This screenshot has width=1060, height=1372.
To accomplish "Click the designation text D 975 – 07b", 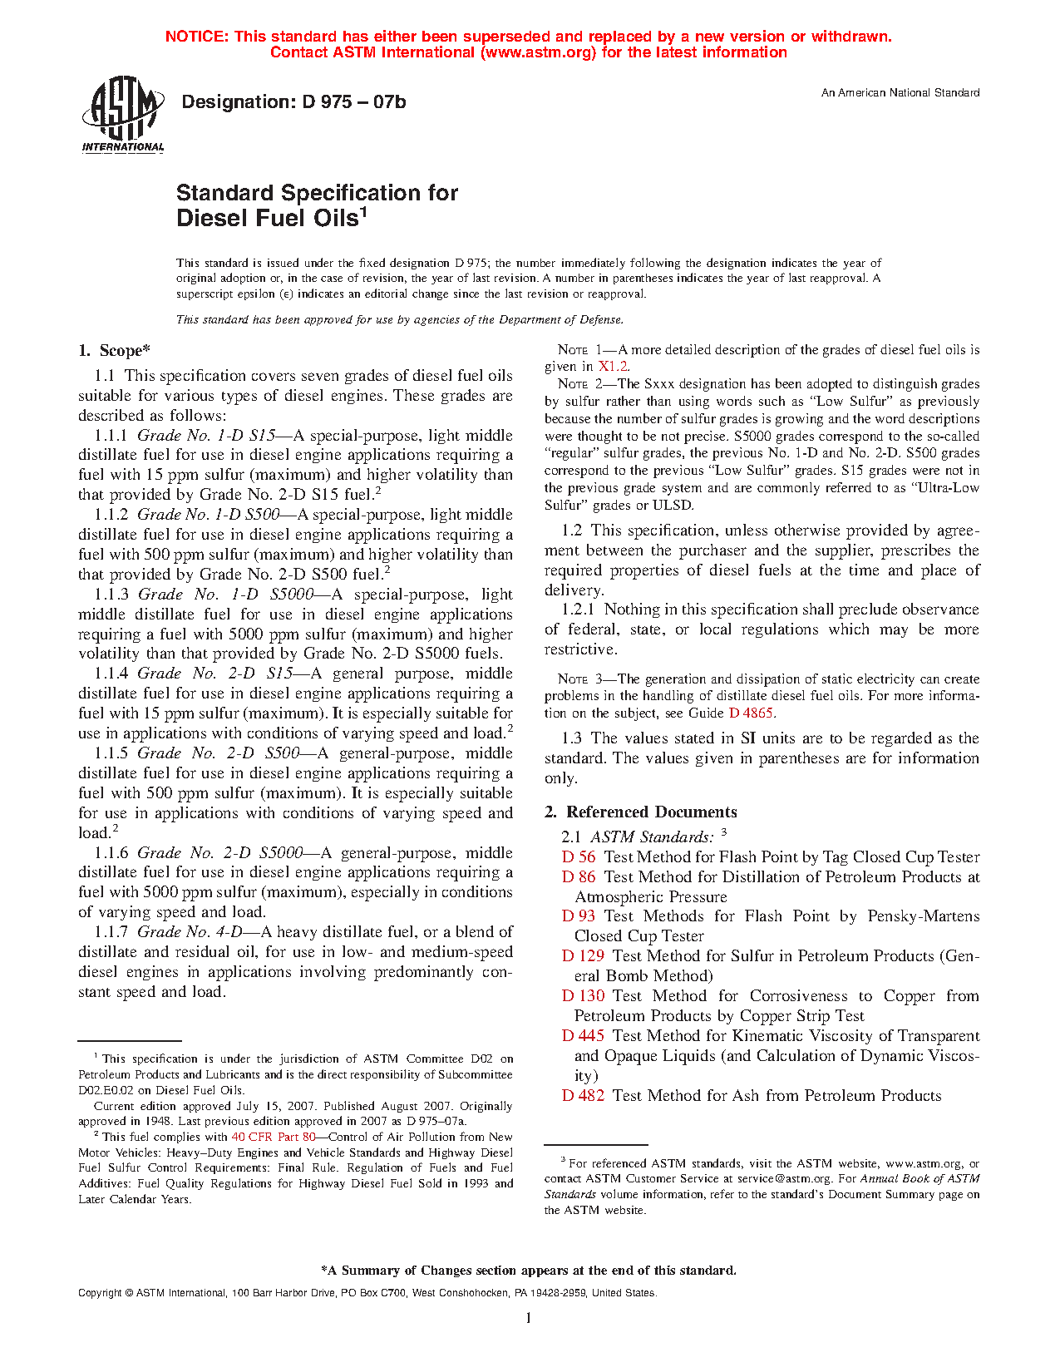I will (x=293, y=102).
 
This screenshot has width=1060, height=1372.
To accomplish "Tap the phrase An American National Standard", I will (x=900, y=93).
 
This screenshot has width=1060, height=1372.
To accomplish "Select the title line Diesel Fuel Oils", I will (x=271, y=219).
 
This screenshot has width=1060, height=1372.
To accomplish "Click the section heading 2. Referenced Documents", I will (x=640, y=812).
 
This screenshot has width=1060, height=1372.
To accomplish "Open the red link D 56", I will (x=579, y=857).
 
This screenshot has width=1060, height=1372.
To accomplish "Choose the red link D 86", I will (x=579, y=877).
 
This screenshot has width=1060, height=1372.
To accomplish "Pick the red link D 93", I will (x=579, y=916).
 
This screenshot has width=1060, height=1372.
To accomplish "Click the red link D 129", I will (x=583, y=956).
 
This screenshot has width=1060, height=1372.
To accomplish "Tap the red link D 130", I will (x=583, y=996).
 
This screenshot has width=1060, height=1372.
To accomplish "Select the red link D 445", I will (x=583, y=1036).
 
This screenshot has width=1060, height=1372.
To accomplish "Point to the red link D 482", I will (x=583, y=1096).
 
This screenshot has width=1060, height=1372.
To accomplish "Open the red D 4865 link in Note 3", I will (x=752, y=713).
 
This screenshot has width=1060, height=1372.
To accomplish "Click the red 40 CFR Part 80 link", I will (x=274, y=1137).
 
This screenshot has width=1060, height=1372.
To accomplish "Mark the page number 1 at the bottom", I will (x=529, y=1318).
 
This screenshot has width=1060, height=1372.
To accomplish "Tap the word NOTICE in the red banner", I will (x=196, y=37).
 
